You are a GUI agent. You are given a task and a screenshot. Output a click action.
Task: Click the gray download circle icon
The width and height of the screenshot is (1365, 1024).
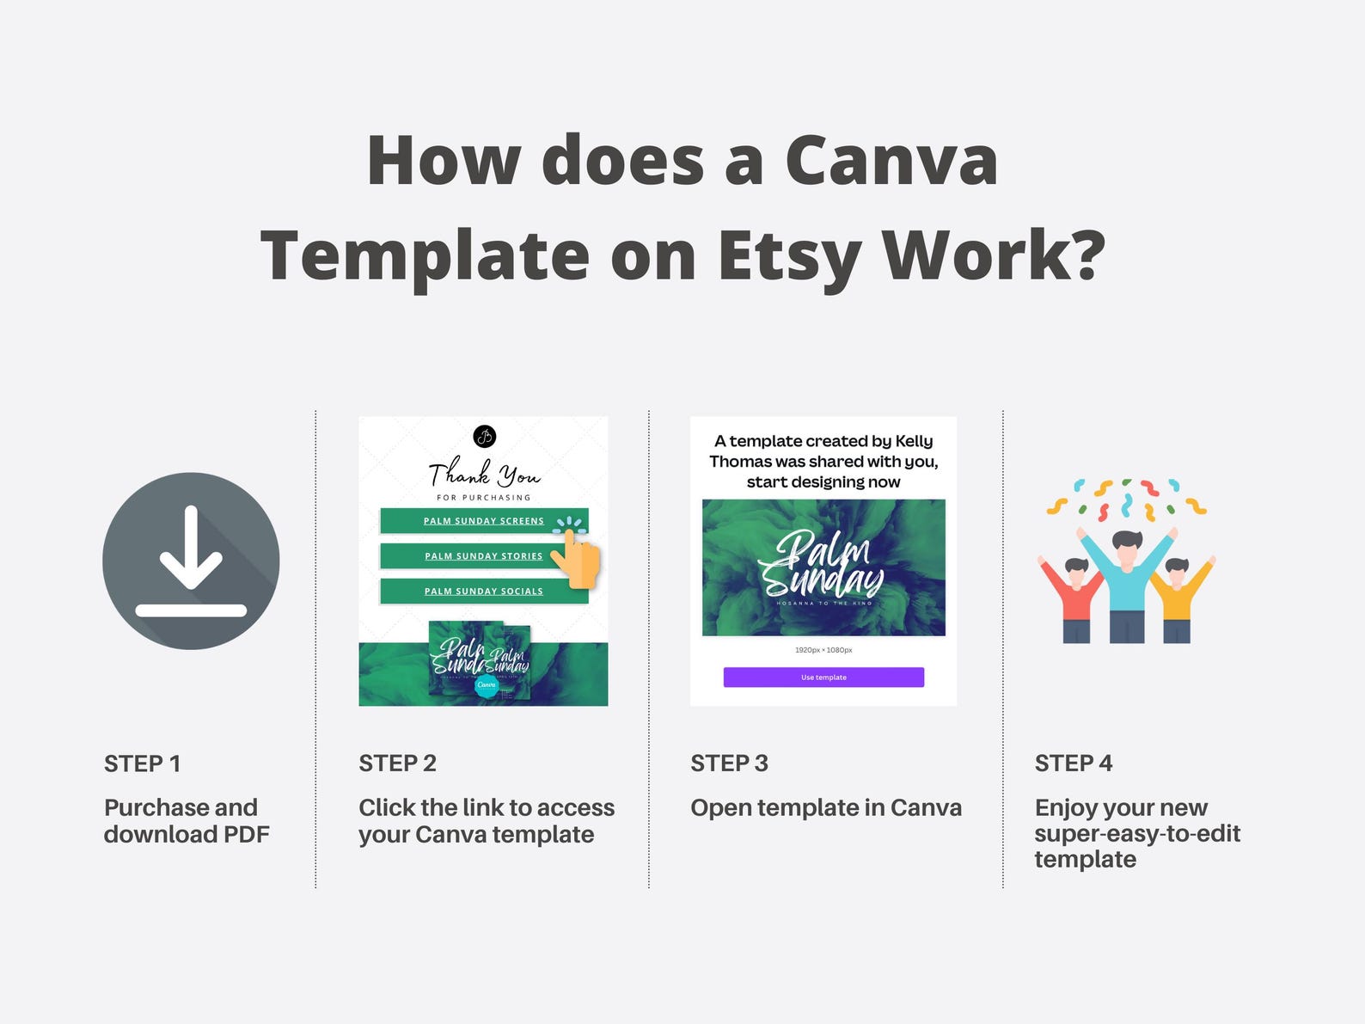pos(191,561)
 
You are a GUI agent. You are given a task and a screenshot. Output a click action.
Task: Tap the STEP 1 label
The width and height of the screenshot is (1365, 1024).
pos(142,763)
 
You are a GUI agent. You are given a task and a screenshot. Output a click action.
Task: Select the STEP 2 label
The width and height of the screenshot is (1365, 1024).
pos(397,763)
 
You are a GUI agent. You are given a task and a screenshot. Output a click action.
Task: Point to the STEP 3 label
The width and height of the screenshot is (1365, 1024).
pos(729,763)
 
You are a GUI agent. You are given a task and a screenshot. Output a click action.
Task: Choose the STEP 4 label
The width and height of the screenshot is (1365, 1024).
pos(1073,763)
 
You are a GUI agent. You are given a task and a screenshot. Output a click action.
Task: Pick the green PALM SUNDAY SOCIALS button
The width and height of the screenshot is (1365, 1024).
pos(483,592)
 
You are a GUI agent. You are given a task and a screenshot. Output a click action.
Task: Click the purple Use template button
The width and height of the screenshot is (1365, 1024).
pos(823,678)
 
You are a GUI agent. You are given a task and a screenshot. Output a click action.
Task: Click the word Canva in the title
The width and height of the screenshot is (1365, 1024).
pos(891,161)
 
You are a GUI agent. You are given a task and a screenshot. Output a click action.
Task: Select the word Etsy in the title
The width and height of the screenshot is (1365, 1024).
pos(789,255)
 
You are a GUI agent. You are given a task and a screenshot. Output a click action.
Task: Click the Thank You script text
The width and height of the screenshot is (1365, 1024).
pos(484,473)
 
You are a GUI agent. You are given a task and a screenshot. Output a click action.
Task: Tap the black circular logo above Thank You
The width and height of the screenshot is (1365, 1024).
pos(485,436)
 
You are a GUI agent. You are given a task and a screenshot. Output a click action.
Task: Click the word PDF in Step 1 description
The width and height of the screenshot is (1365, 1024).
pos(247,834)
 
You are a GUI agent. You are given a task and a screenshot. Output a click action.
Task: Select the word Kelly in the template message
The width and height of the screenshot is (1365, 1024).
pos(914,441)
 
